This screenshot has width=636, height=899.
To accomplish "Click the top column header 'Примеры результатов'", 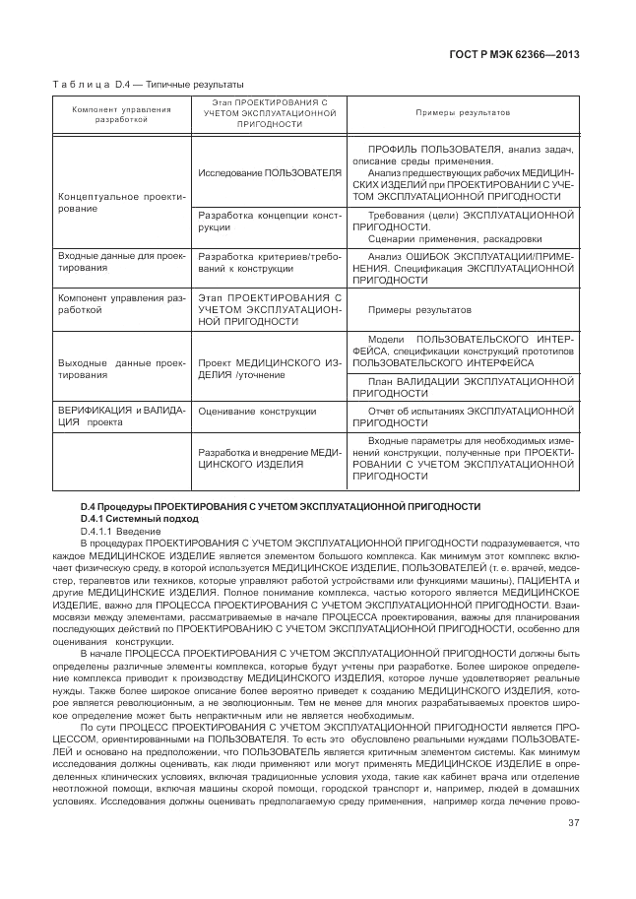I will pyautogui.click(x=463, y=113).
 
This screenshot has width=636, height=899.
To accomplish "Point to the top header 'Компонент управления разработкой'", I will pyautogui.click(x=121, y=113).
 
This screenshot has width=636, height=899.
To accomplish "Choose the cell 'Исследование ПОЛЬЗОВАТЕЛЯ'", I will pyautogui.click(x=270, y=172).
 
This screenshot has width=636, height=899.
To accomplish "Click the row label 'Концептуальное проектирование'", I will pyautogui.click(x=121, y=203).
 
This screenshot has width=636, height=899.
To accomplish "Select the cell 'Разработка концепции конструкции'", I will pyautogui.click(x=270, y=221).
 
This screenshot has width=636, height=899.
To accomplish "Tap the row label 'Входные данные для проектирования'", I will pyautogui.click(x=121, y=261).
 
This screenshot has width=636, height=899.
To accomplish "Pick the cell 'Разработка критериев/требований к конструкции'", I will pyautogui.click(x=270, y=261).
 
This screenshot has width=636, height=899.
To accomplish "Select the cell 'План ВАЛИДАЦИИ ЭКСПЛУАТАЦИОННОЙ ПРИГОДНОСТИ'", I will pyautogui.click(x=463, y=386).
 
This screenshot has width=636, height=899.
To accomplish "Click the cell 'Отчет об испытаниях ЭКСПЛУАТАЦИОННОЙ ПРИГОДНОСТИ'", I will pyautogui.click(x=463, y=417).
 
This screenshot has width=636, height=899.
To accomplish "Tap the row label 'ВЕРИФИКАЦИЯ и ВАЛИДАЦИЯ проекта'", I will pyautogui.click(x=121, y=417).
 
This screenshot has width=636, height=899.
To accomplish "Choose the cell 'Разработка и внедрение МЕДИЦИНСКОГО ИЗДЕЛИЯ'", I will pyautogui.click(x=270, y=458).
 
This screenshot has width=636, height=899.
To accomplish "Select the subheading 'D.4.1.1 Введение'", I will pyautogui.click(x=125, y=531).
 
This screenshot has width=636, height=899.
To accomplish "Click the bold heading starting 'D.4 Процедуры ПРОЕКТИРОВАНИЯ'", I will pyautogui.click(x=281, y=506).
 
